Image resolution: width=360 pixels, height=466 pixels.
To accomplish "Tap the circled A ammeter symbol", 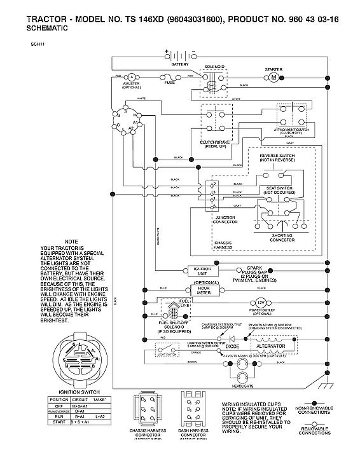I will [132, 76].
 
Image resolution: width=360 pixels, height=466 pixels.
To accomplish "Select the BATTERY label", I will [180, 64].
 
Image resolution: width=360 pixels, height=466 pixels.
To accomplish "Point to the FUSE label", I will [169, 83].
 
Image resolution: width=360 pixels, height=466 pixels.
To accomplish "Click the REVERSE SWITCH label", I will [278, 155].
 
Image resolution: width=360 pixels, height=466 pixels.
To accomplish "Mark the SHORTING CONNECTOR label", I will [282, 237].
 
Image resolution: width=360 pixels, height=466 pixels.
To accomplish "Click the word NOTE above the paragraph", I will [71, 242].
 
